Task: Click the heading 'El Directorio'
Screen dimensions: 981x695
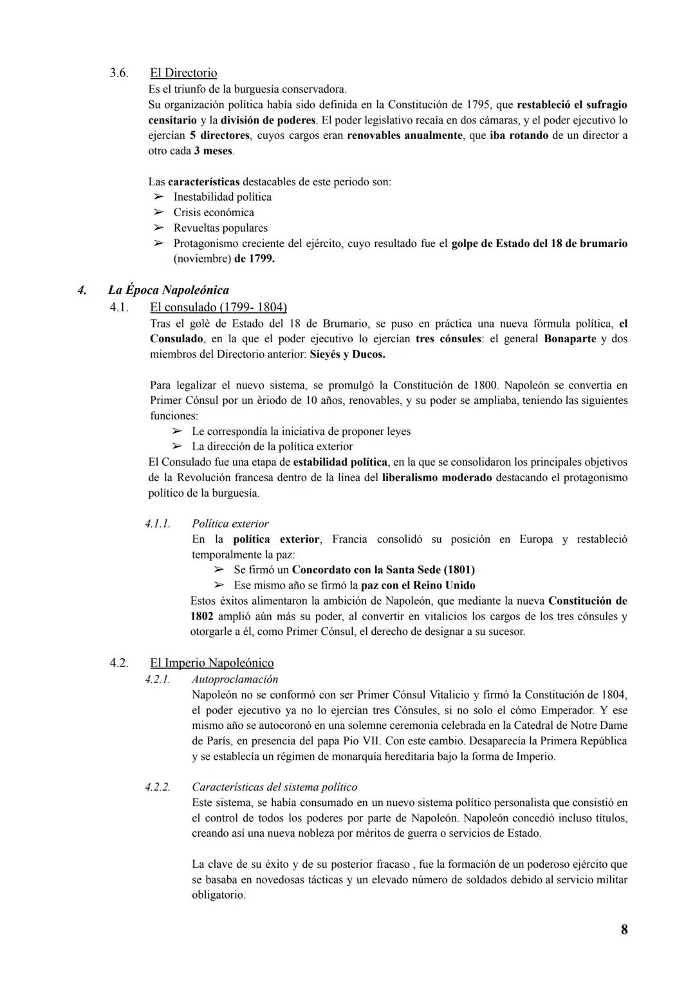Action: pyautogui.click(x=183, y=73)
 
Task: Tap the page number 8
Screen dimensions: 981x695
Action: pyautogui.click(x=624, y=930)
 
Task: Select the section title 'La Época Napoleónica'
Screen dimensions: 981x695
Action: pyautogui.click(x=169, y=290)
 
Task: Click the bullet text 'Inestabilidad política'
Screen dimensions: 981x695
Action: pyautogui.click(x=222, y=197)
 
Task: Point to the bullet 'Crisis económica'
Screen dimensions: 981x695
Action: pyautogui.click(x=214, y=212)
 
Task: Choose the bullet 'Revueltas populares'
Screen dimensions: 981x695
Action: pyautogui.click(x=220, y=228)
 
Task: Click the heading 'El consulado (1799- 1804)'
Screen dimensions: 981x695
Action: pyautogui.click(x=218, y=307)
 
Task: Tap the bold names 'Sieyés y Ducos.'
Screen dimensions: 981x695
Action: pyautogui.click(x=347, y=354)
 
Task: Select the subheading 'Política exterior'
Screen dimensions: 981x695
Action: pyautogui.click(x=230, y=524)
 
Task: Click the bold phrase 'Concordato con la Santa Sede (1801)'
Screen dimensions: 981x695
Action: pyautogui.click(x=383, y=570)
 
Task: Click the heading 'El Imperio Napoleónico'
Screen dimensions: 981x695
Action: pyautogui.click(x=212, y=663)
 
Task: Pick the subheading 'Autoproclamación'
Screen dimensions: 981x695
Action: pyautogui.click(x=235, y=679)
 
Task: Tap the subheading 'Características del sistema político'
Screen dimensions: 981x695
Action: pyautogui.click(x=274, y=787)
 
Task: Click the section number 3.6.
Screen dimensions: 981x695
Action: pyautogui.click(x=118, y=73)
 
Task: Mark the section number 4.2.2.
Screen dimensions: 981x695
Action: pyautogui.click(x=158, y=787)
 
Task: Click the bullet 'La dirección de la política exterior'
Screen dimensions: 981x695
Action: pyautogui.click(x=272, y=446)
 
